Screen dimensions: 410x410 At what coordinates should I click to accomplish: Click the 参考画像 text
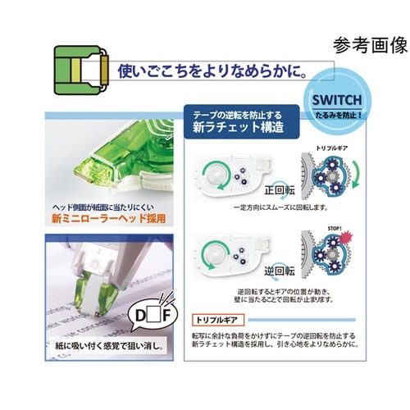[x=369, y=44]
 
